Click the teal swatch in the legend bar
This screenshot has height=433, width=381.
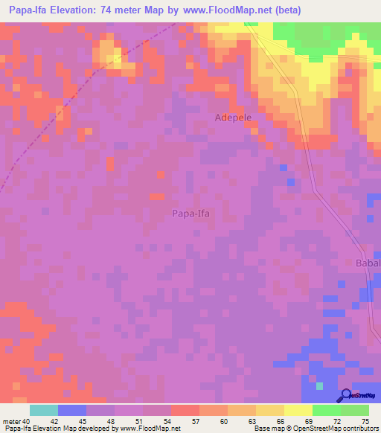44,410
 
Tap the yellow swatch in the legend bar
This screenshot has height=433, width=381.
298,410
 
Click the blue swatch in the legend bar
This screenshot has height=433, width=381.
72,410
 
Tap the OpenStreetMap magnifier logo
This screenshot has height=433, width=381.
345,396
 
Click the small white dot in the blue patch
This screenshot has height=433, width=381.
318,386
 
